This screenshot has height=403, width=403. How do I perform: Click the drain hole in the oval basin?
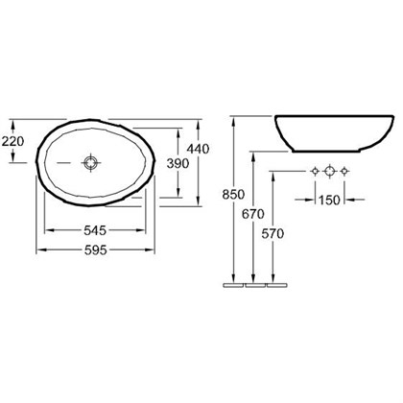click(89, 163)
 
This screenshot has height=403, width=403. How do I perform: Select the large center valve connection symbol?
click(329, 172)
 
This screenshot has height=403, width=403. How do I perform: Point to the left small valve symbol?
click(313, 172)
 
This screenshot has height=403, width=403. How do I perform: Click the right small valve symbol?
click(345, 172)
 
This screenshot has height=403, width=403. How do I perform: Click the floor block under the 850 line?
click(231, 285)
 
